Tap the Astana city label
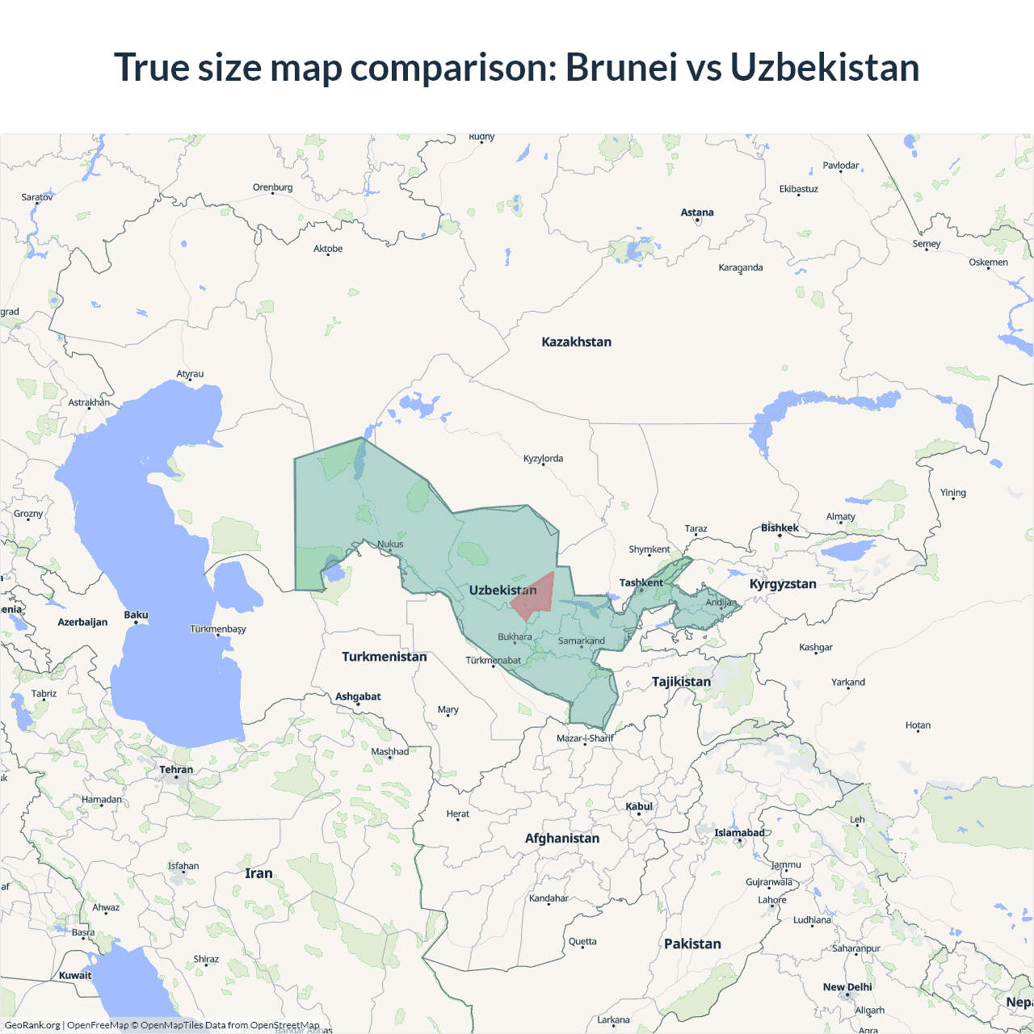pos(697,212)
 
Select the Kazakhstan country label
pos(576,342)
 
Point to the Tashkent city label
pos(641,582)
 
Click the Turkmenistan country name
pos(384,657)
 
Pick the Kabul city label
pos(638,806)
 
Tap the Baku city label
pos(136,615)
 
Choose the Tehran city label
pos(176,769)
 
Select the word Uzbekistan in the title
pos(825,67)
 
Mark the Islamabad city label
pos(738,833)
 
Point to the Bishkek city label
pos(780,528)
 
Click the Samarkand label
pos(581,641)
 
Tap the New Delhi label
pos(847,986)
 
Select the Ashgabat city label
pos(358,696)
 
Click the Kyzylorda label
pos(543,458)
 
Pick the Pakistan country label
pos(692,944)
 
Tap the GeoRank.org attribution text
pos(32,1025)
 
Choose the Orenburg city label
pos(272,187)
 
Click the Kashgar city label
pos(815,647)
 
